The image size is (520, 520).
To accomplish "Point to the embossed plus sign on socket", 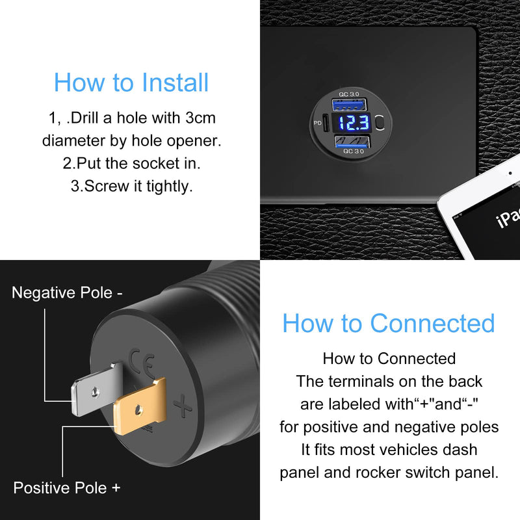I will pyautogui.click(x=183, y=407).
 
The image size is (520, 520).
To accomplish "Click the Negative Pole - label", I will pyautogui.click(x=67, y=292).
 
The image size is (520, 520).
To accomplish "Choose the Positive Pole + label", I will pyautogui.click(x=67, y=487).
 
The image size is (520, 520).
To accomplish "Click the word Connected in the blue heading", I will pyautogui.click(x=432, y=323).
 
